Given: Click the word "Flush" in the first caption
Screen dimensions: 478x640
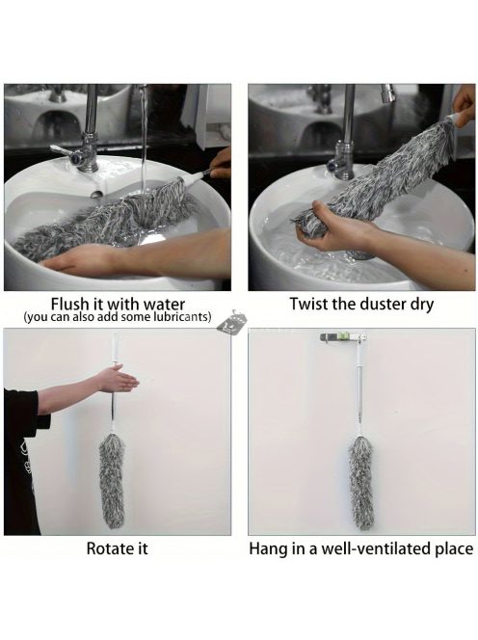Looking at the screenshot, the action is pyautogui.click(x=69, y=304).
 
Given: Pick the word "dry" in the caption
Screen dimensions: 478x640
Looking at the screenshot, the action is pyautogui.click(x=422, y=305).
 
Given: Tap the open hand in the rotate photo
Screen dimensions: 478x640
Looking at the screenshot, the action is pyautogui.click(x=119, y=379).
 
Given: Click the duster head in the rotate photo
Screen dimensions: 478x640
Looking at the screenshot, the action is pyautogui.click(x=112, y=481).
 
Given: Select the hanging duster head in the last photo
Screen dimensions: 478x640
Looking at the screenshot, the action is pyautogui.click(x=360, y=483).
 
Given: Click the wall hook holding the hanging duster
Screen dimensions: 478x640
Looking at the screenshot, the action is pyautogui.click(x=342, y=337).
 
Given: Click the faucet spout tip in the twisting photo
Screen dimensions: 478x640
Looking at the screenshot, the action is pyautogui.click(x=388, y=94).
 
